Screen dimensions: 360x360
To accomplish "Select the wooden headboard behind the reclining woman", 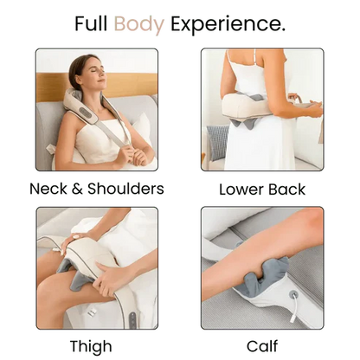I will point(52,87).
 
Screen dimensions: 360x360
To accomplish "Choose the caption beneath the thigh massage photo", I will point(96,344).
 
